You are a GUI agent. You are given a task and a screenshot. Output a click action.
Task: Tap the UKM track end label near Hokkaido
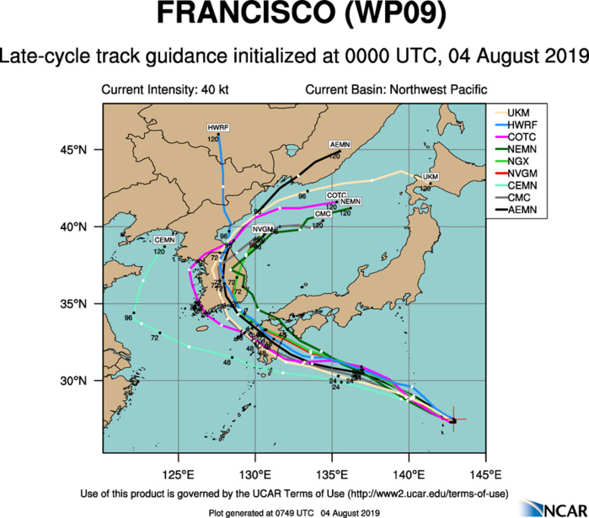431,177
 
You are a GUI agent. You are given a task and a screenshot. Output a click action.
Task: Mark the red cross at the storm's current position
453,420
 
